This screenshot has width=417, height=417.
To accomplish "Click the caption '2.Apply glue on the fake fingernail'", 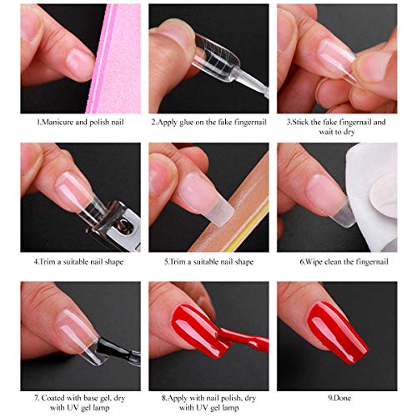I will pyautogui.click(x=208, y=122).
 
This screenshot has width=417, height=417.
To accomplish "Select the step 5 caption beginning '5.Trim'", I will pyautogui.click(x=208, y=260).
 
